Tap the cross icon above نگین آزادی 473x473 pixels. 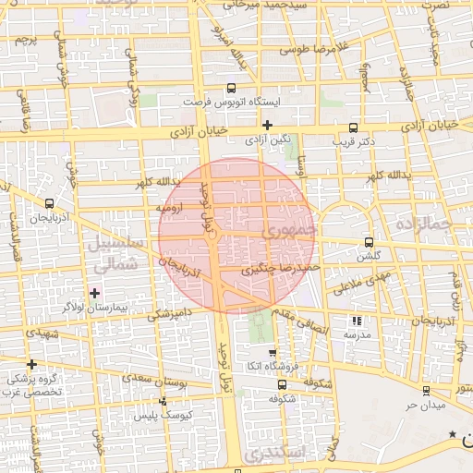(267, 125)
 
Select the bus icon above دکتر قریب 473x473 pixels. (352, 128)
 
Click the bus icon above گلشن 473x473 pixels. (370, 242)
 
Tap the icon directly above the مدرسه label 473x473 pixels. (357, 321)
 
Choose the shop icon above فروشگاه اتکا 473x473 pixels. (272, 353)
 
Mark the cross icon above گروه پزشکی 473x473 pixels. (32, 364)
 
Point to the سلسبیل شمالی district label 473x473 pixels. (117, 252)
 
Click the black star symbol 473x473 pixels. (452, 434)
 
